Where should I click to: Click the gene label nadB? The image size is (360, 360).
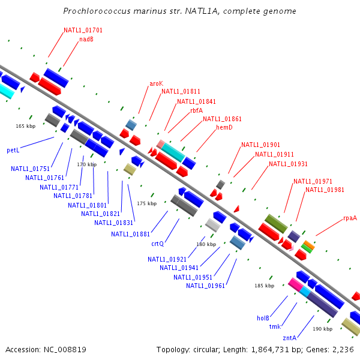pos(86,40)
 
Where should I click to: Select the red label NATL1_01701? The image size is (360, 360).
pos(83,30)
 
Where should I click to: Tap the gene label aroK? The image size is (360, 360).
pos(156,83)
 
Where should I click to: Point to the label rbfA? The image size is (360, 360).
pos(196,110)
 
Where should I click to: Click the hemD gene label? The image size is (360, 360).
pos(224,127)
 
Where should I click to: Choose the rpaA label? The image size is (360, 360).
pos(350,218)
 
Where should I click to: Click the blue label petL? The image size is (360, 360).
pos(13,149)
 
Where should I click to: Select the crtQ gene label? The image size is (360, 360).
pos(157,244)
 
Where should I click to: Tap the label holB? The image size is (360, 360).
pos(263,318)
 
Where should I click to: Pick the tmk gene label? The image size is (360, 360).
pos(275,326)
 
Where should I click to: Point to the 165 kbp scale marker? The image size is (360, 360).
pos(26,126)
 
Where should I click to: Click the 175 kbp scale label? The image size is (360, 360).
pos(146,203)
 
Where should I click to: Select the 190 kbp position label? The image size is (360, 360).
pos(323,329)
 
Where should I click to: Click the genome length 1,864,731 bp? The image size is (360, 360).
pos(269,349)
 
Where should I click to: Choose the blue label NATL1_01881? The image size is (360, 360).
pos(130,234)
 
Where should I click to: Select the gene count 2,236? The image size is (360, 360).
pos(344,349)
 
